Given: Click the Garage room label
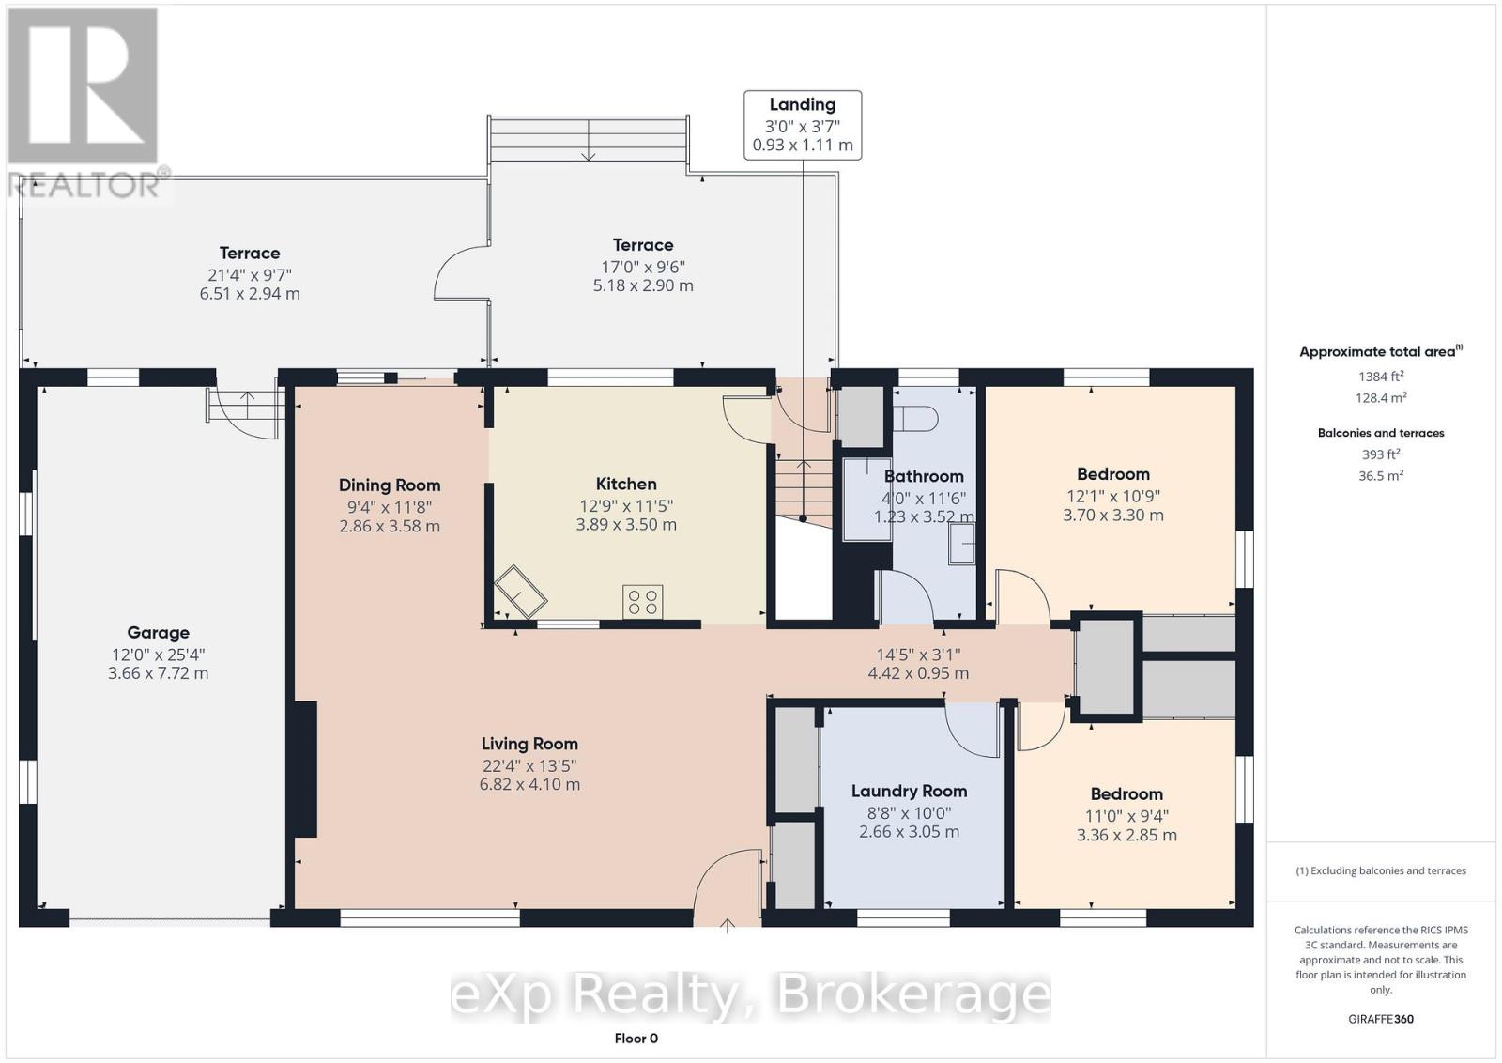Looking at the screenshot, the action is (159, 632).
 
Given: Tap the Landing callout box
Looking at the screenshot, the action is (803, 126).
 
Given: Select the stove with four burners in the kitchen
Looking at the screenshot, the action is (642, 601).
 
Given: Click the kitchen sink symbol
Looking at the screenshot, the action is (521, 593).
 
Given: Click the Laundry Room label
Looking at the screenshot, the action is (910, 792).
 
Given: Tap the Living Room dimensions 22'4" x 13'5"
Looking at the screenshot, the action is (529, 765).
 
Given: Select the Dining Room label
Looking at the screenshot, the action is (390, 485).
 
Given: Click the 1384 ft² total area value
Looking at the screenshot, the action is (1381, 377).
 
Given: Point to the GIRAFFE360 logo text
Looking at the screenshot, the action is (1381, 1019).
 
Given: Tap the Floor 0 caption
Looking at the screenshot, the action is (636, 1039).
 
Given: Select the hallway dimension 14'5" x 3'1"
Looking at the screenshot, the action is (918, 655).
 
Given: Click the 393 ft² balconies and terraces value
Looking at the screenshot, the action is (1381, 454).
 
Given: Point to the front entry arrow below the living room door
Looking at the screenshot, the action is (728, 926).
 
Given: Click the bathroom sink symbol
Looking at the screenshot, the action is (961, 544).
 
